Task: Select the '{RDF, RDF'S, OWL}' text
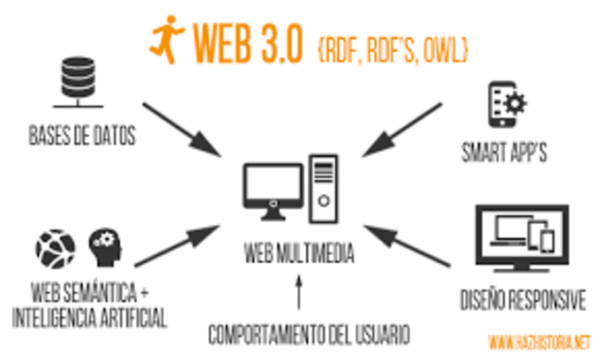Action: coord(394,43)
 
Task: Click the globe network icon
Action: coord(55,248)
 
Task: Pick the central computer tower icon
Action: coord(323,187)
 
